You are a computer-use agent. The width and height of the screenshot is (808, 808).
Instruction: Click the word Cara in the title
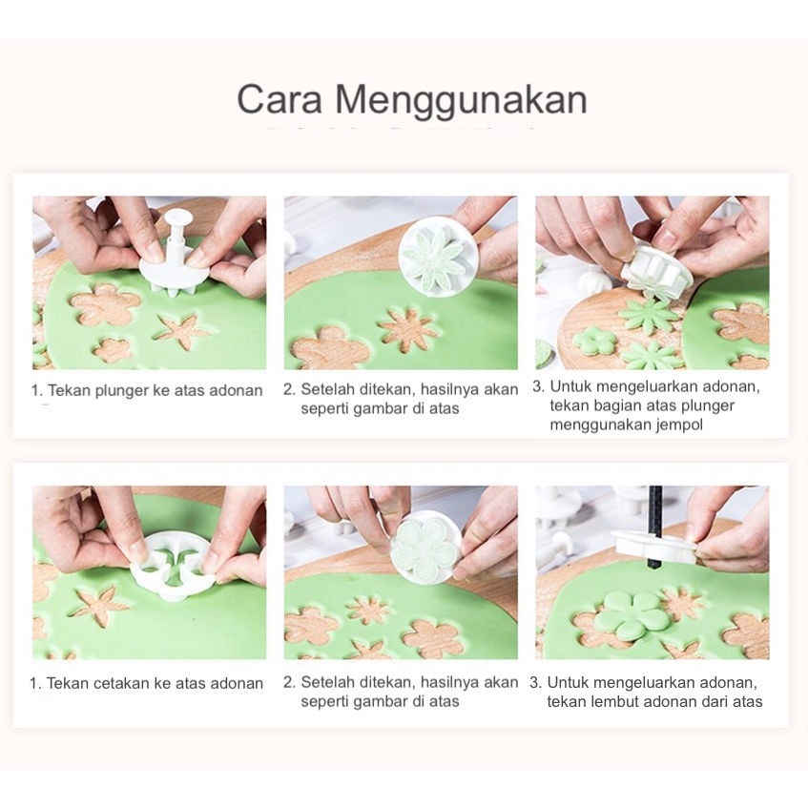(280, 99)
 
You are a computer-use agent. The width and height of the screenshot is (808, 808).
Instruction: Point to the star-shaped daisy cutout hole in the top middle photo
(410, 328)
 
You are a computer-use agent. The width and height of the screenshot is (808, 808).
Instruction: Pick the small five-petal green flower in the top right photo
(595, 342)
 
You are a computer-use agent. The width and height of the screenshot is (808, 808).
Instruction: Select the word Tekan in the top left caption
(69, 390)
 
